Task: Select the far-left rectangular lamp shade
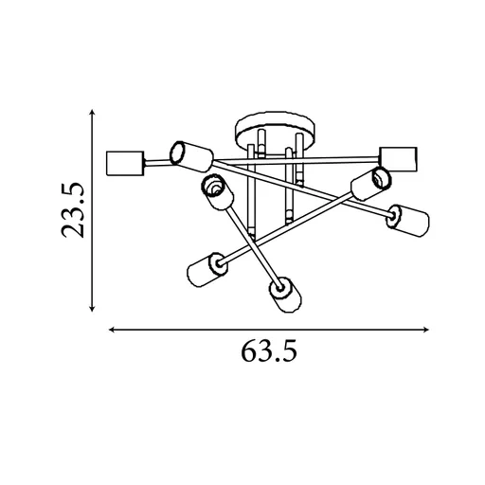coord(124,163)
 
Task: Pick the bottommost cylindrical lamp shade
coord(285,295)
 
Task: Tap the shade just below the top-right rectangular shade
coord(368,182)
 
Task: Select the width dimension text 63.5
coord(270,351)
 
